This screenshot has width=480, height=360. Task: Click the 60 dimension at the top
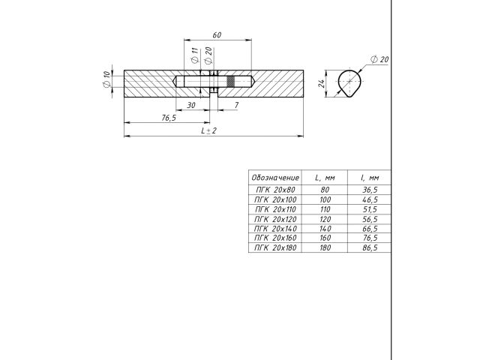(x=217, y=35)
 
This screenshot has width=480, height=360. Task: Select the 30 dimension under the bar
(x=191, y=106)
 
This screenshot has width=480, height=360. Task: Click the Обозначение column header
(x=275, y=178)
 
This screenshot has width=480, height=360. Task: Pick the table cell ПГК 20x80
(x=275, y=190)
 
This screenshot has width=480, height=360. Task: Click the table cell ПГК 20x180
(x=275, y=247)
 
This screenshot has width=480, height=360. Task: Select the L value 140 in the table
(x=325, y=228)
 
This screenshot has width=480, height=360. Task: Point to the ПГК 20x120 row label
(x=275, y=219)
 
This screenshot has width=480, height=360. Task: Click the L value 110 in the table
(x=325, y=209)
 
